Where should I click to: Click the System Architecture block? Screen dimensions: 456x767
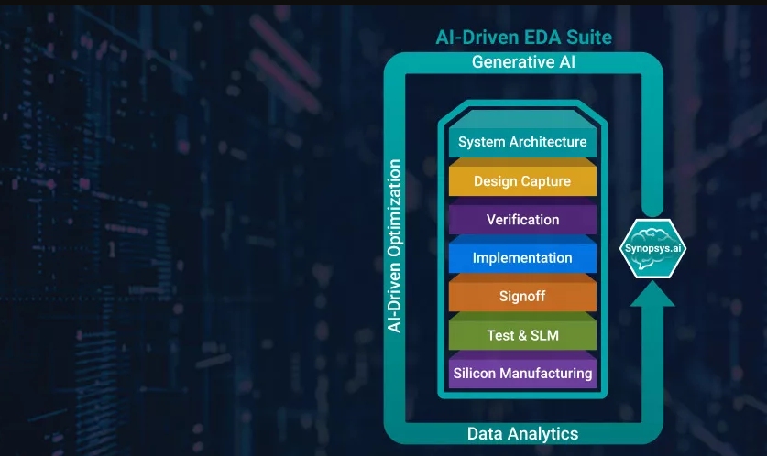point(522,142)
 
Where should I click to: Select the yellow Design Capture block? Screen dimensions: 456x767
point(522,181)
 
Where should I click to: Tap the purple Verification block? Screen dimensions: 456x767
point(522,220)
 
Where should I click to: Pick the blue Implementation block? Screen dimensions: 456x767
point(522,258)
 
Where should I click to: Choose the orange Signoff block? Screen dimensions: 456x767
point(522,297)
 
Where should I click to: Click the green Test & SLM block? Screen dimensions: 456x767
point(522,335)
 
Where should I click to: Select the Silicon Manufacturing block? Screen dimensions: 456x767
point(522,374)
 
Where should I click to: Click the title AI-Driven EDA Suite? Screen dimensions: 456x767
point(522,38)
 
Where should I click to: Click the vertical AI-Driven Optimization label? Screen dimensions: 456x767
point(395,245)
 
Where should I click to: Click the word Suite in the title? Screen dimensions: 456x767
point(587,38)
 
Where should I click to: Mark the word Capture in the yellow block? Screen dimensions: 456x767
point(546,181)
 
